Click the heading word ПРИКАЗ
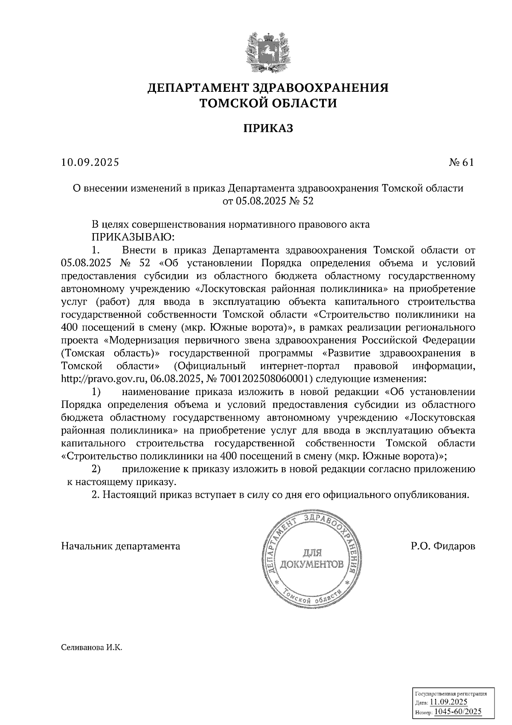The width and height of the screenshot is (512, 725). pos(268,128)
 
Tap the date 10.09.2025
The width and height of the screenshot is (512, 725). pos(90,162)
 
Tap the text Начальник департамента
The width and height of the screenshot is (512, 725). pos(121,546)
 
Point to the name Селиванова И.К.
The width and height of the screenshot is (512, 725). pos(92,660)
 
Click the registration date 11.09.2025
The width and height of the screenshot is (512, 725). pos(449,702)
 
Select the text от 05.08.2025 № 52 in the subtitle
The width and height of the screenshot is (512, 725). pos(268,201)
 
